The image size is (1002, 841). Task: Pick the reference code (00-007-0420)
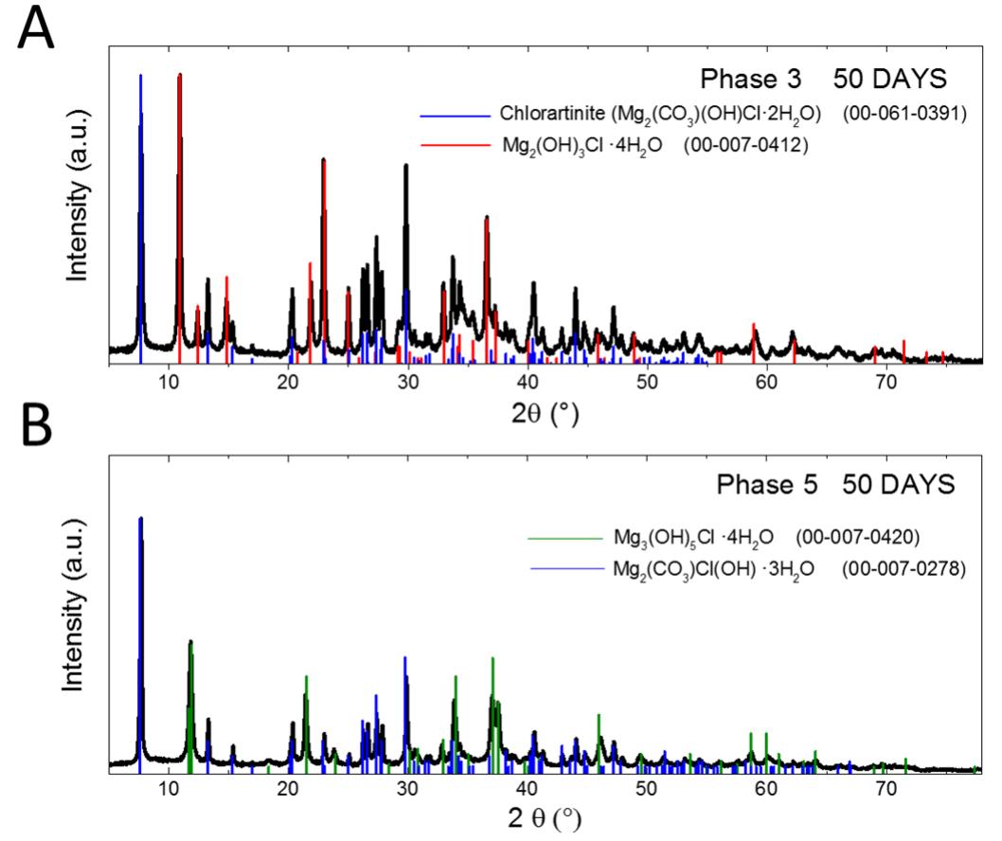[x=857, y=538]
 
